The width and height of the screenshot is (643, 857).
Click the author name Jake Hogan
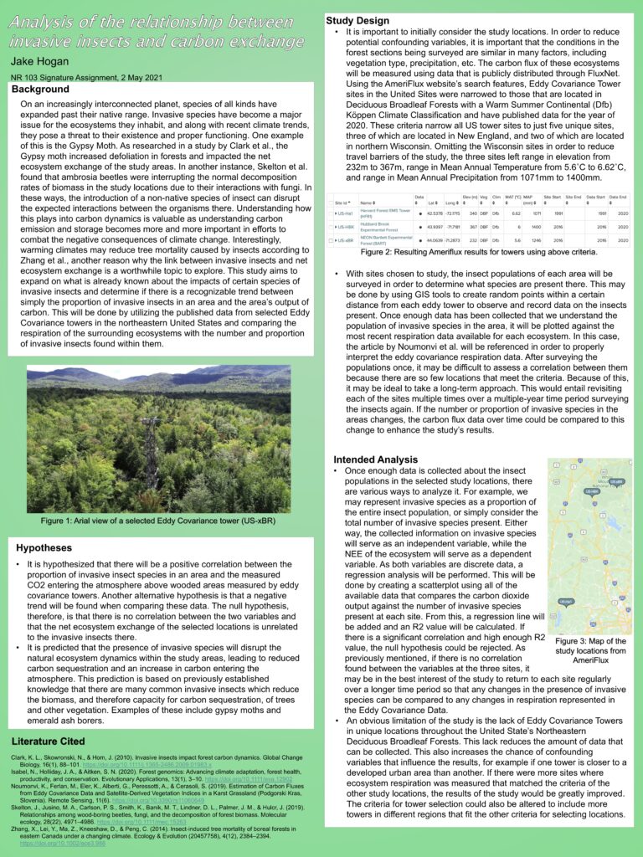(x=45, y=61)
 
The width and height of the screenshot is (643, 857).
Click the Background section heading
(x=40, y=89)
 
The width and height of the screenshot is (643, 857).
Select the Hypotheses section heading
(x=44, y=547)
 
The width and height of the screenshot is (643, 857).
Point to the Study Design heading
(x=357, y=20)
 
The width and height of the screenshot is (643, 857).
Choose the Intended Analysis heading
(x=375, y=459)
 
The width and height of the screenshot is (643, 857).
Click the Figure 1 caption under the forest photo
(x=158, y=521)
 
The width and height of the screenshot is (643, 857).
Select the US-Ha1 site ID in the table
(x=345, y=213)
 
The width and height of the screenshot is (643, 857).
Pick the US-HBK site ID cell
(x=345, y=227)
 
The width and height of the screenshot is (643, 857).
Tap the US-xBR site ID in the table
(x=345, y=240)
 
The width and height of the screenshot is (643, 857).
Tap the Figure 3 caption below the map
(x=589, y=650)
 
